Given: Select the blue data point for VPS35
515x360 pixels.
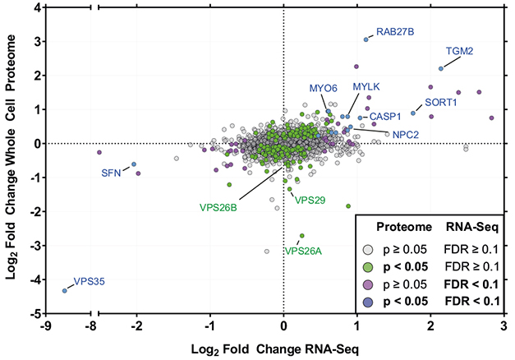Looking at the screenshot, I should click(x=65, y=290).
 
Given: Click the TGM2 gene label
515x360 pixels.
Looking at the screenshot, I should click(x=459, y=51).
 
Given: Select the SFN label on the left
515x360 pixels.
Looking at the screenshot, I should click(x=111, y=173).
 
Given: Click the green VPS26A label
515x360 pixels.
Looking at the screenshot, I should click(x=304, y=251).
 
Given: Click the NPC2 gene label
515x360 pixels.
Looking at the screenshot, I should click(x=406, y=133).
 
